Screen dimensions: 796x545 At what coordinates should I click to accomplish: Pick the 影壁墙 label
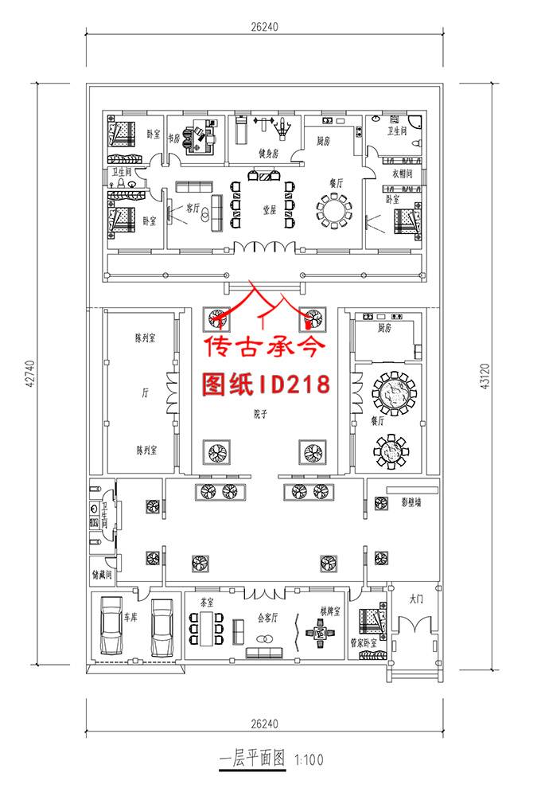point(411,503)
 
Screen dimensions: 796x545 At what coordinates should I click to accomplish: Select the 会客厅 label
point(268,617)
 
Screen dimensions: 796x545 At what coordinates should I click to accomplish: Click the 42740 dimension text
point(30,374)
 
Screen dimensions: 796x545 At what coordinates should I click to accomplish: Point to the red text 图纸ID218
point(267,384)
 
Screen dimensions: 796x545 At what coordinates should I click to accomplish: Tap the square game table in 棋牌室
point(321,634)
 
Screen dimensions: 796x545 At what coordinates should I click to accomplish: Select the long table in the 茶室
point(208,627)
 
